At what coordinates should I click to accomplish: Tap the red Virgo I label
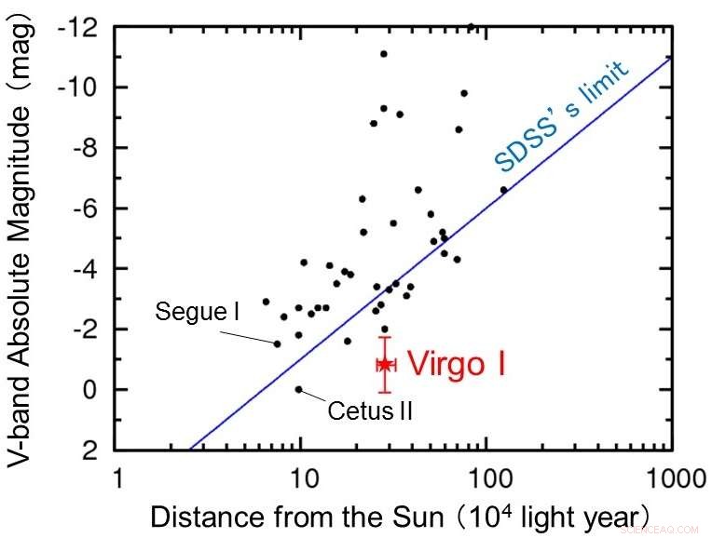tap(458, 364)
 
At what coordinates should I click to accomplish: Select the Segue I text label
tap(197, 312)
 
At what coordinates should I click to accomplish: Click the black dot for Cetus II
tap(298, 389)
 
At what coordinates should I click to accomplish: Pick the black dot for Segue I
tap(277, 343)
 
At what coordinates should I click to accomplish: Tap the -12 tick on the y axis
tap(77, 27)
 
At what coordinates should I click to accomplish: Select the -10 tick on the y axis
tap(77, 87)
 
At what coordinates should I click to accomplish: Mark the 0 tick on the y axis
tap(88, 389)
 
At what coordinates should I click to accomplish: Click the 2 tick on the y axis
tap(88, 450)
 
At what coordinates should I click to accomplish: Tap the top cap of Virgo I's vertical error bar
tap(384, 337)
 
